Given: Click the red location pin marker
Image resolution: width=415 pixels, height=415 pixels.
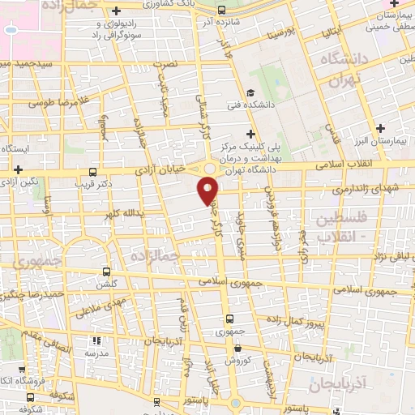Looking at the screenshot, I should (208, 190).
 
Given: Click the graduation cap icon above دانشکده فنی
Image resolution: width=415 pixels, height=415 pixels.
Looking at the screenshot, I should (251, 92).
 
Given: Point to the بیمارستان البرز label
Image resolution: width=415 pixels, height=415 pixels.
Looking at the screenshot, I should (381, 141).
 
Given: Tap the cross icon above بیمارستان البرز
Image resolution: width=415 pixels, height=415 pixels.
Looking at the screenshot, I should (381, 128).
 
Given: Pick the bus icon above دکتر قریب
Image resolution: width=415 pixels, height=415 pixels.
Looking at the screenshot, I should (93, 172).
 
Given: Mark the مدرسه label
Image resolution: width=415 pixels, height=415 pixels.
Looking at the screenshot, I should (96, 353).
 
